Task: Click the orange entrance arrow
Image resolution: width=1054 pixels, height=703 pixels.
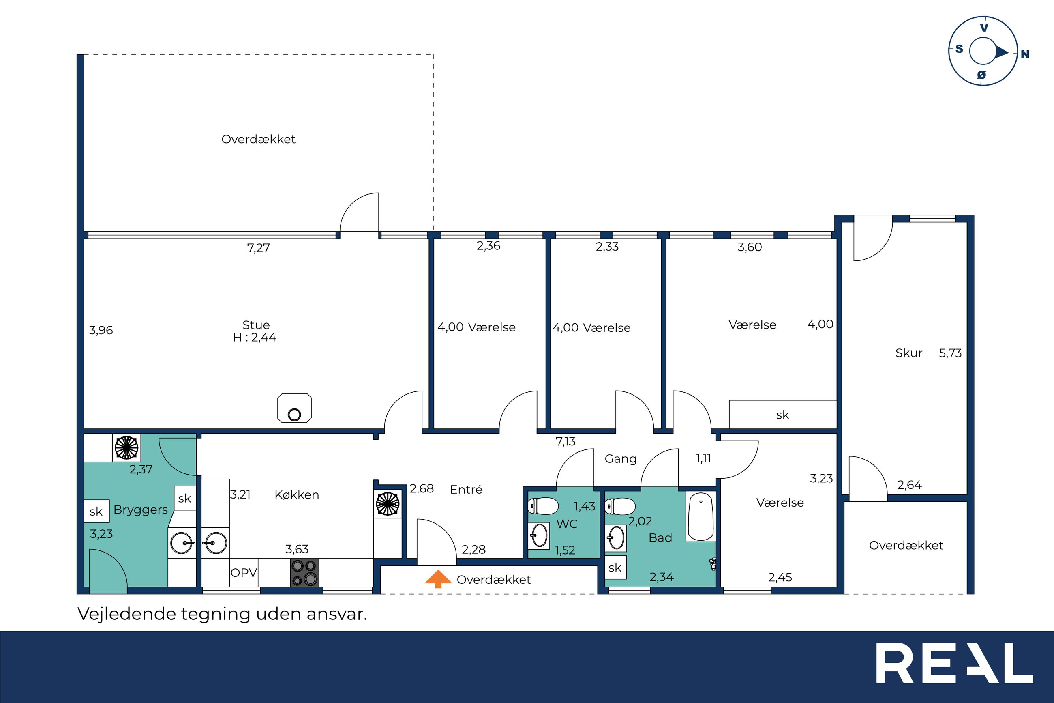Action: (x=438, y=579)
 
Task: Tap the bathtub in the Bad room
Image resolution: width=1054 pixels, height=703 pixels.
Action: (x=700, y=516)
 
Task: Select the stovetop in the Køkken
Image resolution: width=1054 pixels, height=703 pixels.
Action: (x=304, y=572)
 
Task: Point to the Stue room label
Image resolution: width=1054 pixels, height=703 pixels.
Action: (x=256, y=325)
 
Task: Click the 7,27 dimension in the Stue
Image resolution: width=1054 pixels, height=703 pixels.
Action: (x=259, y=248)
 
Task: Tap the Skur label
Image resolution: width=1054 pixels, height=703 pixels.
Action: (x=909, y=353)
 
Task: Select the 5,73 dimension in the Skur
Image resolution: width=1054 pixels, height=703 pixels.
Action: (x=951, y=353)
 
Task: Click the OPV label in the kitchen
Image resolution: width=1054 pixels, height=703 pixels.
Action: (x=244, y=572)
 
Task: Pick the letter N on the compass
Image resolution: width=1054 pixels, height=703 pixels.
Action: (x=1025, y=55)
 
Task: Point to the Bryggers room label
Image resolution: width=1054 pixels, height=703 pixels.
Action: (x=141, y=510)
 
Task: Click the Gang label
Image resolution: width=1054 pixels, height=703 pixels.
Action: (x=620, y=459)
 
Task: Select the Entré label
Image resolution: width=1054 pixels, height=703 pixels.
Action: (x=466, y=489)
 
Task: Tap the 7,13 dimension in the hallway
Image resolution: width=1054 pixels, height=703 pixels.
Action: (x=566, y=442)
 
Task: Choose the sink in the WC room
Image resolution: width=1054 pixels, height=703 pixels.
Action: (x=539, y=535)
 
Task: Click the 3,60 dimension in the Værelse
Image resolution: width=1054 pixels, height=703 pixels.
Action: (x=750, y=247)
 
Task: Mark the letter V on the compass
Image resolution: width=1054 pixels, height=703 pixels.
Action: (x=984, y=28)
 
